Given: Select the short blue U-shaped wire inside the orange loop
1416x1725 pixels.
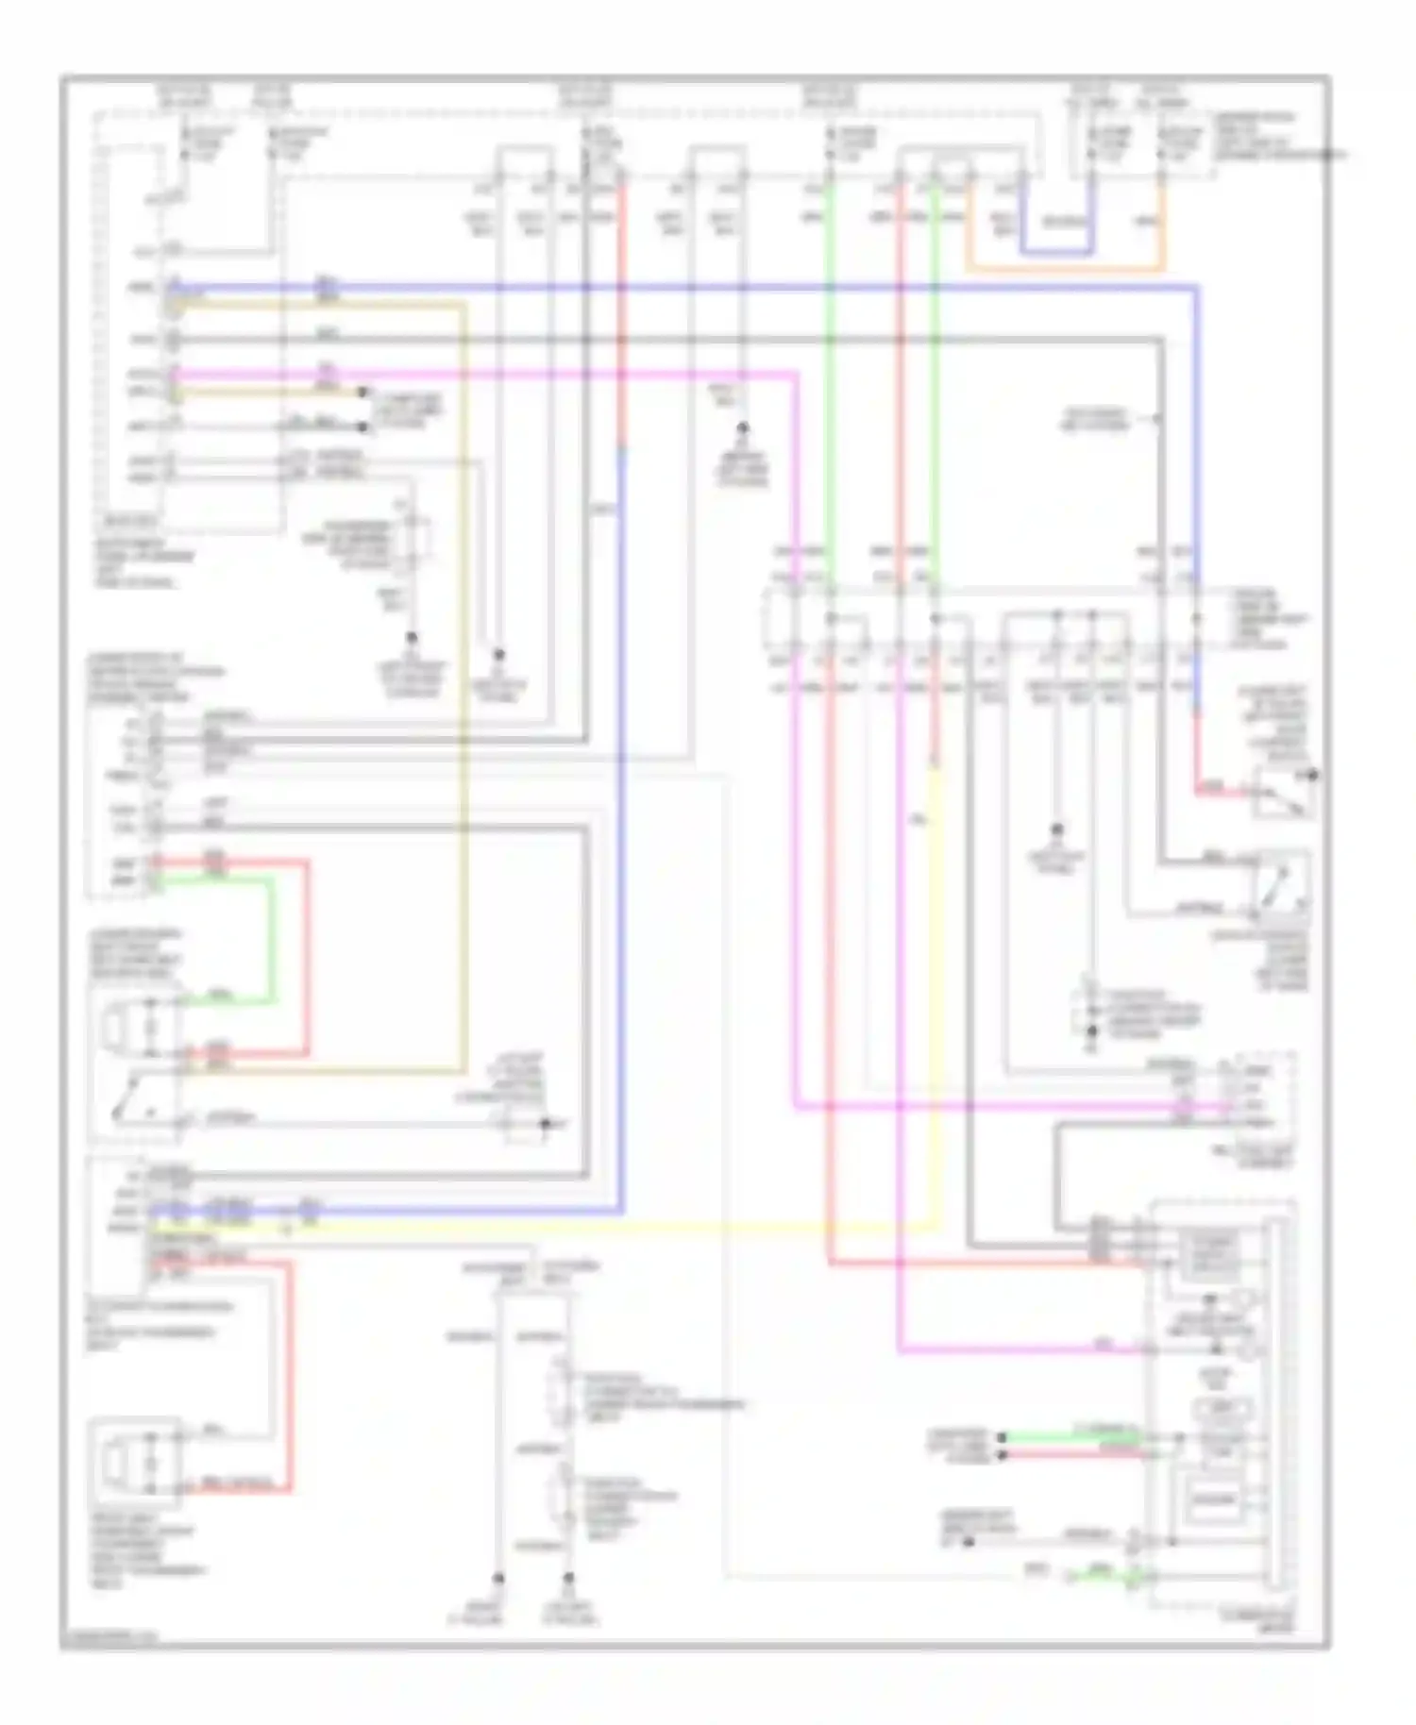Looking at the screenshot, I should pos(1057,252).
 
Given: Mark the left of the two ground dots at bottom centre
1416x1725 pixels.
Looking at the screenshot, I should pos(498,1577).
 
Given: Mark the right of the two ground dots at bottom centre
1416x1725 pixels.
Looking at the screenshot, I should pos(569,1577).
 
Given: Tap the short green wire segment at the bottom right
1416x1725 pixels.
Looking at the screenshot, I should pos(1100,1573).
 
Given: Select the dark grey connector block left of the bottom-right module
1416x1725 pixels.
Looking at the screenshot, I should pos(1101,1238).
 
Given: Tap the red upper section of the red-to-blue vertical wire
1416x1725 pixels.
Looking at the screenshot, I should pos(621,311).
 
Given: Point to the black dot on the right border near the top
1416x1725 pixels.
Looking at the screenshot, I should pos(1330,153).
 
